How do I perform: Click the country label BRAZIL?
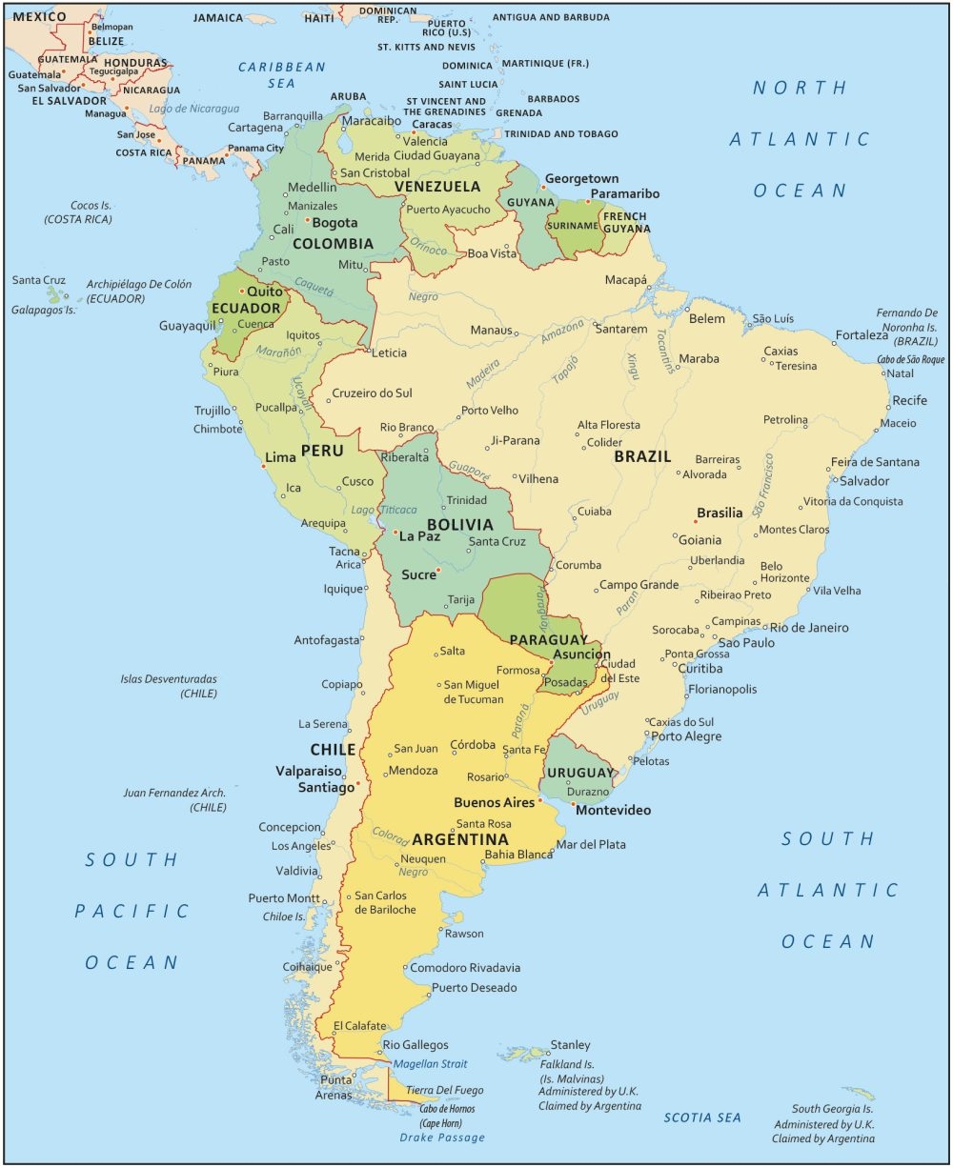click(x=642, y=456)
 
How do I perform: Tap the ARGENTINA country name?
click(x=459, y=840)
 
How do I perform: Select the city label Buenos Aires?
click(x=494, y=802)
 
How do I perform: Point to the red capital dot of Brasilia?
click(x=697, y=521)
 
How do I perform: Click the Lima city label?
click(x=280, y=457)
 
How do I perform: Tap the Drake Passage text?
click(x=442, y=1138)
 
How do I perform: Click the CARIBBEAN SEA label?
click(x=281, y=75)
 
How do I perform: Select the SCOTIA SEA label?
click(x=702, y=1118)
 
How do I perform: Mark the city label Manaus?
click(x=490, y=330)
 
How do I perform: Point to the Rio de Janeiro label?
click(x=809, y=628)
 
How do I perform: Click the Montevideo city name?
click(x=613, y=810)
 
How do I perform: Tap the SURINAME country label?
click(x=572, y=226)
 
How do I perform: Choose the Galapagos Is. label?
click(x=43, y=310)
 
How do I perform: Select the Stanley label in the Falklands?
click(x=570, y=1045)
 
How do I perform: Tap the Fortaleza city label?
click(x=862, y=335)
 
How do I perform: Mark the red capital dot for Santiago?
click(x=357, y=786)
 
